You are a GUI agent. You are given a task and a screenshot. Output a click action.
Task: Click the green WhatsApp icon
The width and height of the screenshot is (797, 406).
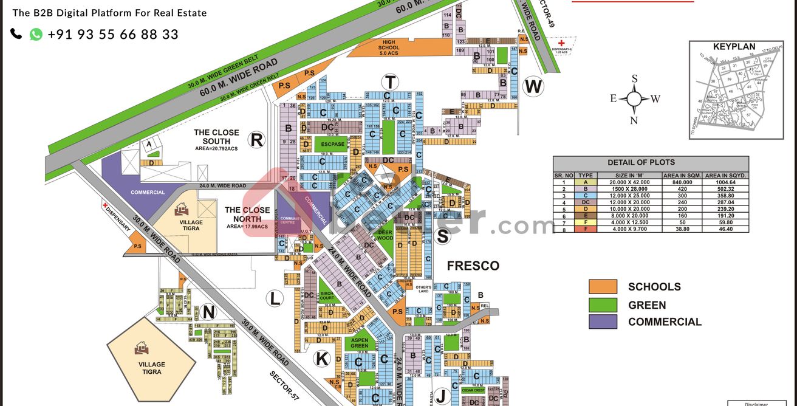(36, 35)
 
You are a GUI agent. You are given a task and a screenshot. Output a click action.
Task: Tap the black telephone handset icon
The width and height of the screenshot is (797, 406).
(16, 34)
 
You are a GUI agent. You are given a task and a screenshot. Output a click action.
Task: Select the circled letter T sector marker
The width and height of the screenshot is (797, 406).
(390, 82)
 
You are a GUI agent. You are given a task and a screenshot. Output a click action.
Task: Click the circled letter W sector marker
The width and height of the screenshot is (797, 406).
(533, 87)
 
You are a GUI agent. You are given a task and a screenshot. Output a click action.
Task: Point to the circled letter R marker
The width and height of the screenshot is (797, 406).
(257, 140)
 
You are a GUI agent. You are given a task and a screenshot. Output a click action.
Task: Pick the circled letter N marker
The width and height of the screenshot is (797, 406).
(208, 312)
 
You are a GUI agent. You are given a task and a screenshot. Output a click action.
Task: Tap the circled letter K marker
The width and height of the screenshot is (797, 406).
(322, 359)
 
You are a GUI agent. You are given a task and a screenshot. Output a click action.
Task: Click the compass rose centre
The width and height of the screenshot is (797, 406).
(634, 98)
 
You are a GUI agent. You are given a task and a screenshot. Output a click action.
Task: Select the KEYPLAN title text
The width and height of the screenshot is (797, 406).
(734, 47)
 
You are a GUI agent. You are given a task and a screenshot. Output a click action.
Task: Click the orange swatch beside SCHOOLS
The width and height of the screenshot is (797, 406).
(603, 287)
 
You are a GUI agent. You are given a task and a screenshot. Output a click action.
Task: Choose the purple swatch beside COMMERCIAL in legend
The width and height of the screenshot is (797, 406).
(603, 322)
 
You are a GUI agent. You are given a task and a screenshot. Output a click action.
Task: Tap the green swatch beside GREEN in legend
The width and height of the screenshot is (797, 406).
(603, 305)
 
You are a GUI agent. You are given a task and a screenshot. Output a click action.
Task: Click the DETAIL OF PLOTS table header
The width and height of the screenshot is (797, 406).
(650, 163)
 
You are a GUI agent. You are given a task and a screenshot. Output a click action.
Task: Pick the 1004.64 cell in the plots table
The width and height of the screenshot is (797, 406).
(725, 182)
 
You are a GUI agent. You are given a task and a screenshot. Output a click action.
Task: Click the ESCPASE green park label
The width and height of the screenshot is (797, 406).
(332, 145)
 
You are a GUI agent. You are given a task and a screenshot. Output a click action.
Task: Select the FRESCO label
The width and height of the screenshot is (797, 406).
(473, 266)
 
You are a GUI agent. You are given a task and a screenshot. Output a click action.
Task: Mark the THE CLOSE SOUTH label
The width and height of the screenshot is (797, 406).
(216, 137)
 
